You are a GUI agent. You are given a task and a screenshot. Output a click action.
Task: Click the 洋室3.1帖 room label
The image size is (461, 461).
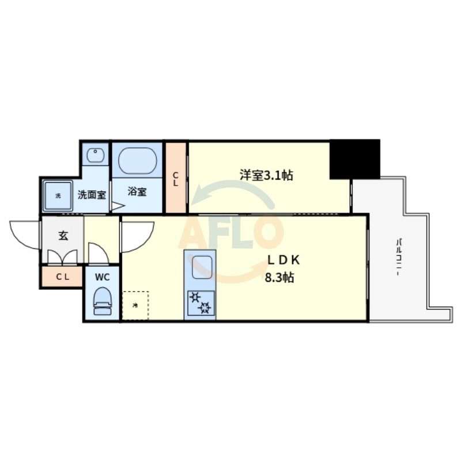tap(266, 175)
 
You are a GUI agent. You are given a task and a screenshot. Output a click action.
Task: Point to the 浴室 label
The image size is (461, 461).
tap(137, 192)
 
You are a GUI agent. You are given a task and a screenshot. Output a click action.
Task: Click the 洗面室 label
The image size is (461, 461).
tap(92, 194)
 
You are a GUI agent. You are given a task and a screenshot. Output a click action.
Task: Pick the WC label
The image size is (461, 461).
tap(102, 277)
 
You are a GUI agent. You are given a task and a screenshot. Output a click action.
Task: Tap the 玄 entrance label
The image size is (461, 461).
tap(63, 235)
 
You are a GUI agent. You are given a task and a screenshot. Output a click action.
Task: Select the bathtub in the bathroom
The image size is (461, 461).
tap(137, 161)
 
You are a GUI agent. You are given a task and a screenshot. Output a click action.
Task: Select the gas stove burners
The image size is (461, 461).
tap(199, 303)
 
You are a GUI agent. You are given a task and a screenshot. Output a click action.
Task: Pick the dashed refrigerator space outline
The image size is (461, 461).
tap(135, 305)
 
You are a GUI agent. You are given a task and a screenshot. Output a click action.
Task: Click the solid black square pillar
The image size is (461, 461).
tap(355, 158)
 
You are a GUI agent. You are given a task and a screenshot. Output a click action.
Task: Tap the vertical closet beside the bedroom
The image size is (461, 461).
tap(176, 178)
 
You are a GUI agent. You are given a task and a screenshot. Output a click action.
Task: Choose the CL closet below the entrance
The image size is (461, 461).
tap(62, 277)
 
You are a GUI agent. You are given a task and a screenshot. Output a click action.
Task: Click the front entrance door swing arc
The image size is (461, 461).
tap(24, 233)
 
